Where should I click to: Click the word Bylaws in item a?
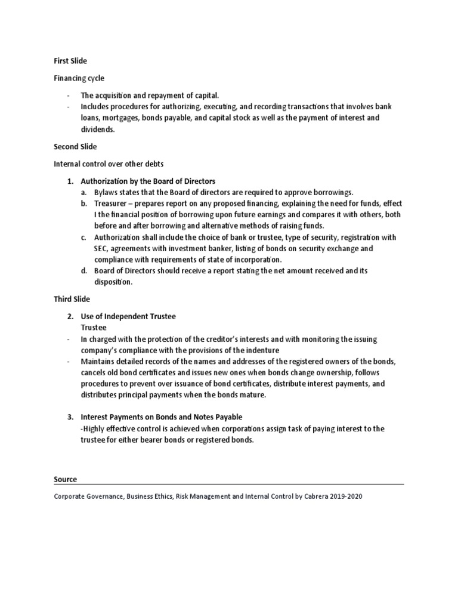[106, 192]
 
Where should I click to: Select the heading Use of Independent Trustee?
[128, 316]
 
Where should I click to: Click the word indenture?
[263, 350]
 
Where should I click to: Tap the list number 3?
[70, 416]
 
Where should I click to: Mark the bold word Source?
[66, 479]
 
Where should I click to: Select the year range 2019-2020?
[345, 496]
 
